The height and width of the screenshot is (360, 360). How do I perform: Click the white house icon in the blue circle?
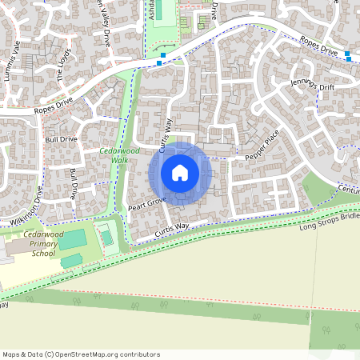[x=180, y=172]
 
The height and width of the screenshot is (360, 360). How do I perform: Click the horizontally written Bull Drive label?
[x=61, y=139]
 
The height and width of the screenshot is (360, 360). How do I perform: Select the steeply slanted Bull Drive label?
[x=74, y=184]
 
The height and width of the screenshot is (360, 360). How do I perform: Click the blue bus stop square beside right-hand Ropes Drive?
[x=348, y=55]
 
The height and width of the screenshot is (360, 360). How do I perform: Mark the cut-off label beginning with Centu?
[x=349, y=189]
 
